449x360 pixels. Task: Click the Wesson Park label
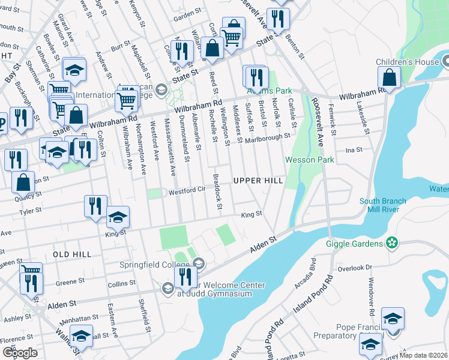pyautogui.click(x=309, y=160)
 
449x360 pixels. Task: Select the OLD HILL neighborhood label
pyautogui.click(x=71, y=254)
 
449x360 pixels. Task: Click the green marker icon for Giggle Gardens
pyautogui.click(x=392, y=243)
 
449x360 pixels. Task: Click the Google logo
pyautogui.click(x=20, y=353)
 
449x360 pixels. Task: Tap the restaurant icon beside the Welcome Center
pyautogui.click(x=185, y=277)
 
